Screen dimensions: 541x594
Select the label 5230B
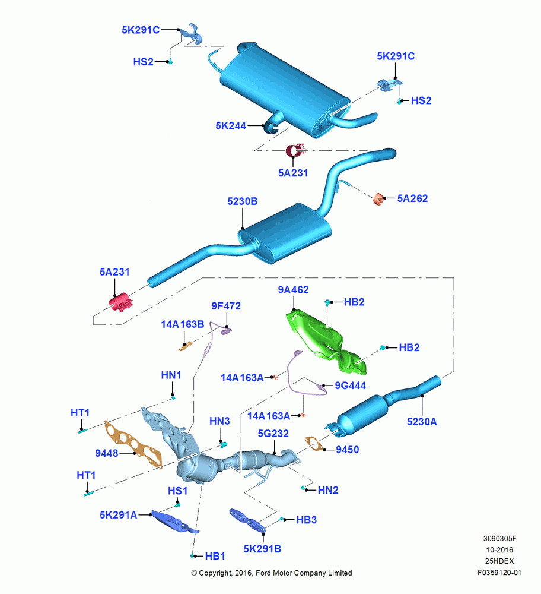coord(242,201)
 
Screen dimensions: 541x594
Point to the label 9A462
coord(293,290)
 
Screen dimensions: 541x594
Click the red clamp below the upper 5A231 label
coord(295,150)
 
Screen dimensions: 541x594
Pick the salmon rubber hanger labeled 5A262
coord(378,199)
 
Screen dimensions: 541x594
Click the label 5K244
coord(231,126)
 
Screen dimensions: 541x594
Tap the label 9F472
coord(226,306)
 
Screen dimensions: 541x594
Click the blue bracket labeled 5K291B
coord(248,520)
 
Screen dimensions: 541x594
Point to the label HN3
coord(219,421)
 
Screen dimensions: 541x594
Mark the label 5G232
coord(273,434)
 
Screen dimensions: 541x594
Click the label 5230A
coord(422,422)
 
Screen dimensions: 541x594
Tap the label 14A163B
coord(182,324)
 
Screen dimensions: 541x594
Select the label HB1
coord(215,556)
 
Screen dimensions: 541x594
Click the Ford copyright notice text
coord(272,573)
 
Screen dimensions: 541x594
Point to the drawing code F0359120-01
coord(499,573)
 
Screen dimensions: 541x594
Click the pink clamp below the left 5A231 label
coord(120,302)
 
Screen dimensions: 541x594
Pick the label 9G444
coord(351,386)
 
